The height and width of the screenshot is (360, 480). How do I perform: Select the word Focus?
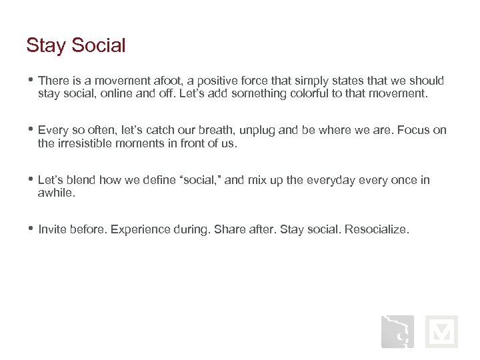[x=414, y=130]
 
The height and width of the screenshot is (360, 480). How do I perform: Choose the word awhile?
[x=56, y=193]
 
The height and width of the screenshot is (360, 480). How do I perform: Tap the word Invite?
[x=53, y=229]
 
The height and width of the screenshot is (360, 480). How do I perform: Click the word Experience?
[x=139, y=229]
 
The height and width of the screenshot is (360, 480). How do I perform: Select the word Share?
[x=229, y=229]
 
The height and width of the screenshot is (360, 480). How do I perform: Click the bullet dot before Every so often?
[x=31, y=129]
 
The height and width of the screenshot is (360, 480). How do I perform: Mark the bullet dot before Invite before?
[x=31, y=228]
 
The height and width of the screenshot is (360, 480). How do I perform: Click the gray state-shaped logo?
[x=397, y=331]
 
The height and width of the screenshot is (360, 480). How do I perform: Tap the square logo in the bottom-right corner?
[x=441, y=331]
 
